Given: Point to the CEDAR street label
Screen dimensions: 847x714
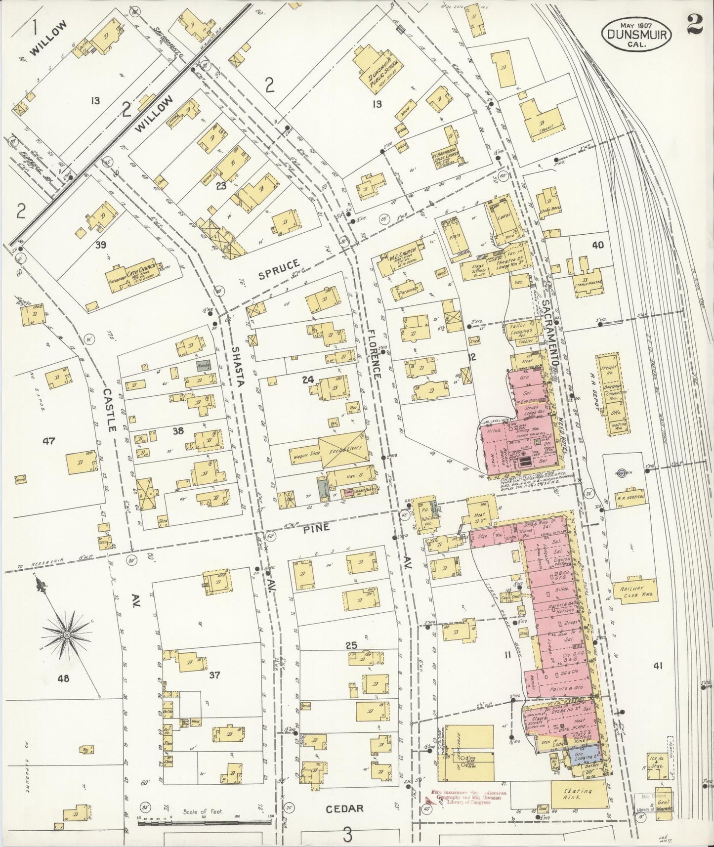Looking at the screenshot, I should pyautogui.click(x=345, y=808).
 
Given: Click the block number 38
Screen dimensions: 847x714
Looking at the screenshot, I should pyautogui.click(x=178, y=431).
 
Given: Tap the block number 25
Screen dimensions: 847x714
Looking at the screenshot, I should pyautogui.click(x=351, y=645).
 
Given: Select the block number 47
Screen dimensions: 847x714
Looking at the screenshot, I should pyautogui.click(x=49, y=441).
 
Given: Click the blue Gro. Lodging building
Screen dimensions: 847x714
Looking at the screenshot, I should pyautogui.click(x=579, y=755).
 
